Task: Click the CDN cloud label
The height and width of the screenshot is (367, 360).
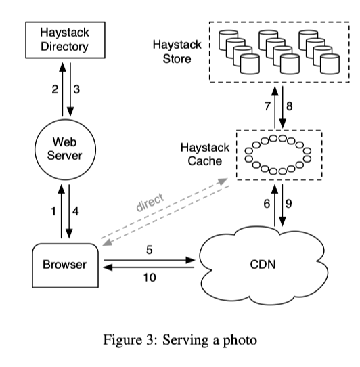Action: click(263, 265)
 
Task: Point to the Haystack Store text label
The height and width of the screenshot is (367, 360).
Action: click(177, 51)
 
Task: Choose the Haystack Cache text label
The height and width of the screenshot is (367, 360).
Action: click(205, 154)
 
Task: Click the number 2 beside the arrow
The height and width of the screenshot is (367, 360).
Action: click(55, 89)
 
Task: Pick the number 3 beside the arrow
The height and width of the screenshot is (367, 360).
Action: click(76, 89)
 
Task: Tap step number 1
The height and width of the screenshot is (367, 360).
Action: click(53, 211)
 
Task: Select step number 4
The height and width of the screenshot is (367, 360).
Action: click(75, 211)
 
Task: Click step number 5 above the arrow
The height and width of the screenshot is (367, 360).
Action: click(150, 250)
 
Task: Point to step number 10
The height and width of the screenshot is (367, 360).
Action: click(150, 278)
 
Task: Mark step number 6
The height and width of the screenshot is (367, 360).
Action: click(267, 204)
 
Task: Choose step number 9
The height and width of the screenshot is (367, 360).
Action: click(289, 204)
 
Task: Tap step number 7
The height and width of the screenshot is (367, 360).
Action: click(267, 106)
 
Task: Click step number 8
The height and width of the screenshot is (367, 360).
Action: click(290, 106)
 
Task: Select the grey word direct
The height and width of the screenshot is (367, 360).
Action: click(150, 202)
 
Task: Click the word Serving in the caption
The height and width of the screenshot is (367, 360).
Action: click(185, 341)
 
